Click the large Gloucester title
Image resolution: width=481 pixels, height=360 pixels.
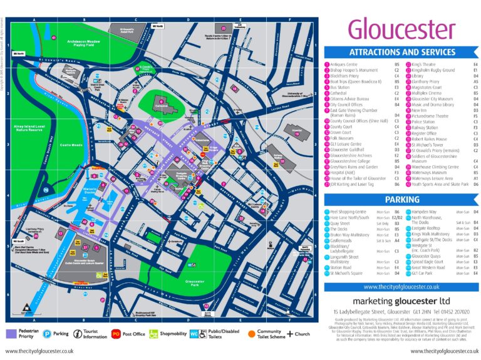[x=401, y=28]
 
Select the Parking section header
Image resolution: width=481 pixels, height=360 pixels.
[x=401, y=200]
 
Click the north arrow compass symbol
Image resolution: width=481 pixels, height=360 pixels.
[x=26, y=307]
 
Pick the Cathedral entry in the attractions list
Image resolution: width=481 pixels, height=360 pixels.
[x=345, y=92]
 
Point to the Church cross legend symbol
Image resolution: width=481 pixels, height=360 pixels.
[x=290, y=334]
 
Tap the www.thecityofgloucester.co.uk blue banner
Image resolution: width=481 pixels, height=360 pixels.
[x=401, y=286]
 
